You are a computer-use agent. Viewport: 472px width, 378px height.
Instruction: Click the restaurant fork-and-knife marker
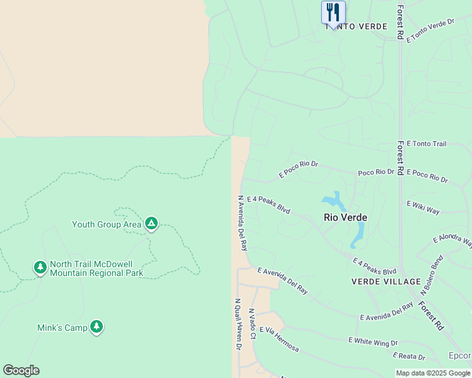click(333, 12)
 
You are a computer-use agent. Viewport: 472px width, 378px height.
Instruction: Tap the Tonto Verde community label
click(356, 26)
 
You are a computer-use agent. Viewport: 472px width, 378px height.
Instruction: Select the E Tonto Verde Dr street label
click(431, 30)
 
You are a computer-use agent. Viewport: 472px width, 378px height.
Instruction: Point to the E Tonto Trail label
click(427, 144)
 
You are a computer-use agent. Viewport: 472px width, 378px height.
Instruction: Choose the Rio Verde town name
click(345, 217)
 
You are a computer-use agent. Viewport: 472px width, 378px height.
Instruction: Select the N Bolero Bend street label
click(432, 275)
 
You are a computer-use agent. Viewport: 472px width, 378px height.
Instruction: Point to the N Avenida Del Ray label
click(242, 222)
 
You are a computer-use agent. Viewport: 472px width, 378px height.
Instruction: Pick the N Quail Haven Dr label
click(239, 324)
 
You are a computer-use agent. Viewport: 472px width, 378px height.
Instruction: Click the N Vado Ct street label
click(252, 324)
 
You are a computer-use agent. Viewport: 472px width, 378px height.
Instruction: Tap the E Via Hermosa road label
click(279, 339)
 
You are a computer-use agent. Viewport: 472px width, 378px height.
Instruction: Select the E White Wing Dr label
click(374, 342)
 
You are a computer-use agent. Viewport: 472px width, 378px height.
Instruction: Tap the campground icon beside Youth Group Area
click(151, 224)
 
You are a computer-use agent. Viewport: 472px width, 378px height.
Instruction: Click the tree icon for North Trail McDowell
click(40, 268)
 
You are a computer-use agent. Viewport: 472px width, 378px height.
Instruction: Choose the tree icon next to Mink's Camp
click(96, 326)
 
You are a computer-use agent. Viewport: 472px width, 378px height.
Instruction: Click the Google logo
click(21, 370)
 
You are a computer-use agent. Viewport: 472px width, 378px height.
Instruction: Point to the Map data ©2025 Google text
click(434, 373)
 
